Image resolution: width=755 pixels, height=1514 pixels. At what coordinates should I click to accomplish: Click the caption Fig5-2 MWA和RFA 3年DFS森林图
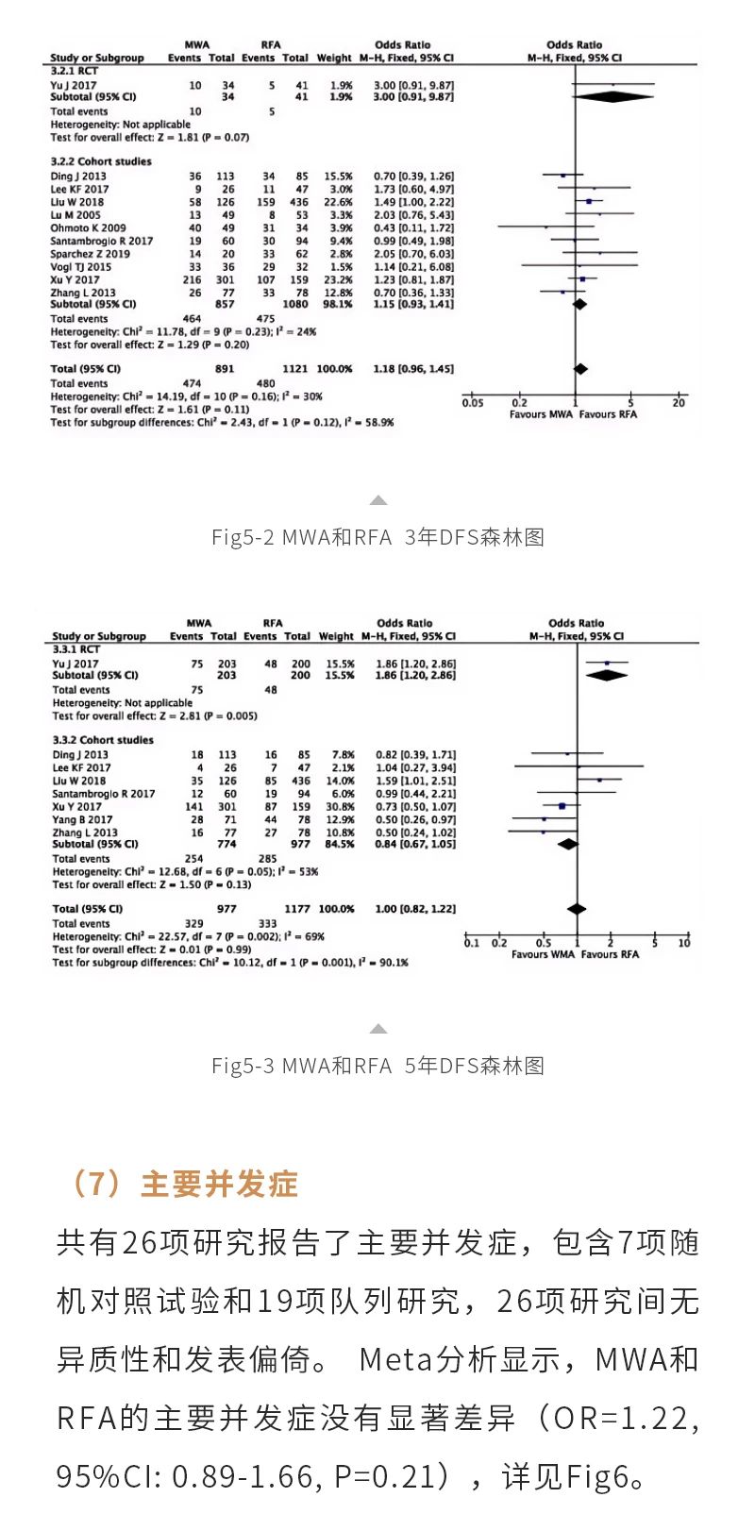point(377,537)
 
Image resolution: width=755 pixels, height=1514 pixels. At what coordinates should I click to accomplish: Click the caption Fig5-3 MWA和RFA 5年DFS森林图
point(377,1066)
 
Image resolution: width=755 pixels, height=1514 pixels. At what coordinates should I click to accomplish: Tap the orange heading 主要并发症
point(219,1184)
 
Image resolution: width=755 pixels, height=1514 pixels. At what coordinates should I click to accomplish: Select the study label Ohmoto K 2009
point(88,227)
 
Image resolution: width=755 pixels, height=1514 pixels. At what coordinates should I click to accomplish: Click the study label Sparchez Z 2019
point(91,254)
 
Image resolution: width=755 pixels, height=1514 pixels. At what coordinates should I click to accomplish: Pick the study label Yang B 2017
point(82,819)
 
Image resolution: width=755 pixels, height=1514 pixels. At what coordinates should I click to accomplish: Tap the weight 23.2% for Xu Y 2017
point(337,279)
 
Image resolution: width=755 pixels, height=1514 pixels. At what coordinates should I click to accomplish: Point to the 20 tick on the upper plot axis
point(678,403)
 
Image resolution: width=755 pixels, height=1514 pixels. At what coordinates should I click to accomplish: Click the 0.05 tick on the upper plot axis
point(473,403)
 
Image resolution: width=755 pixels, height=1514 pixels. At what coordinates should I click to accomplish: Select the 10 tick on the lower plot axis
point(684,943)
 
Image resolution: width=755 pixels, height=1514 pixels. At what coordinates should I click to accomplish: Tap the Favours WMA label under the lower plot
point(543,954)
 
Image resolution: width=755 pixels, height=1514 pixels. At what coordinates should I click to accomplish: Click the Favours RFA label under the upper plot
point(608,414)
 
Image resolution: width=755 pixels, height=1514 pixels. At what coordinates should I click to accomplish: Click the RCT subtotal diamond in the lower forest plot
point(607,675)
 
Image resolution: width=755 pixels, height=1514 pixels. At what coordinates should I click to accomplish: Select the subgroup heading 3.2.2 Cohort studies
point(101,161)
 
